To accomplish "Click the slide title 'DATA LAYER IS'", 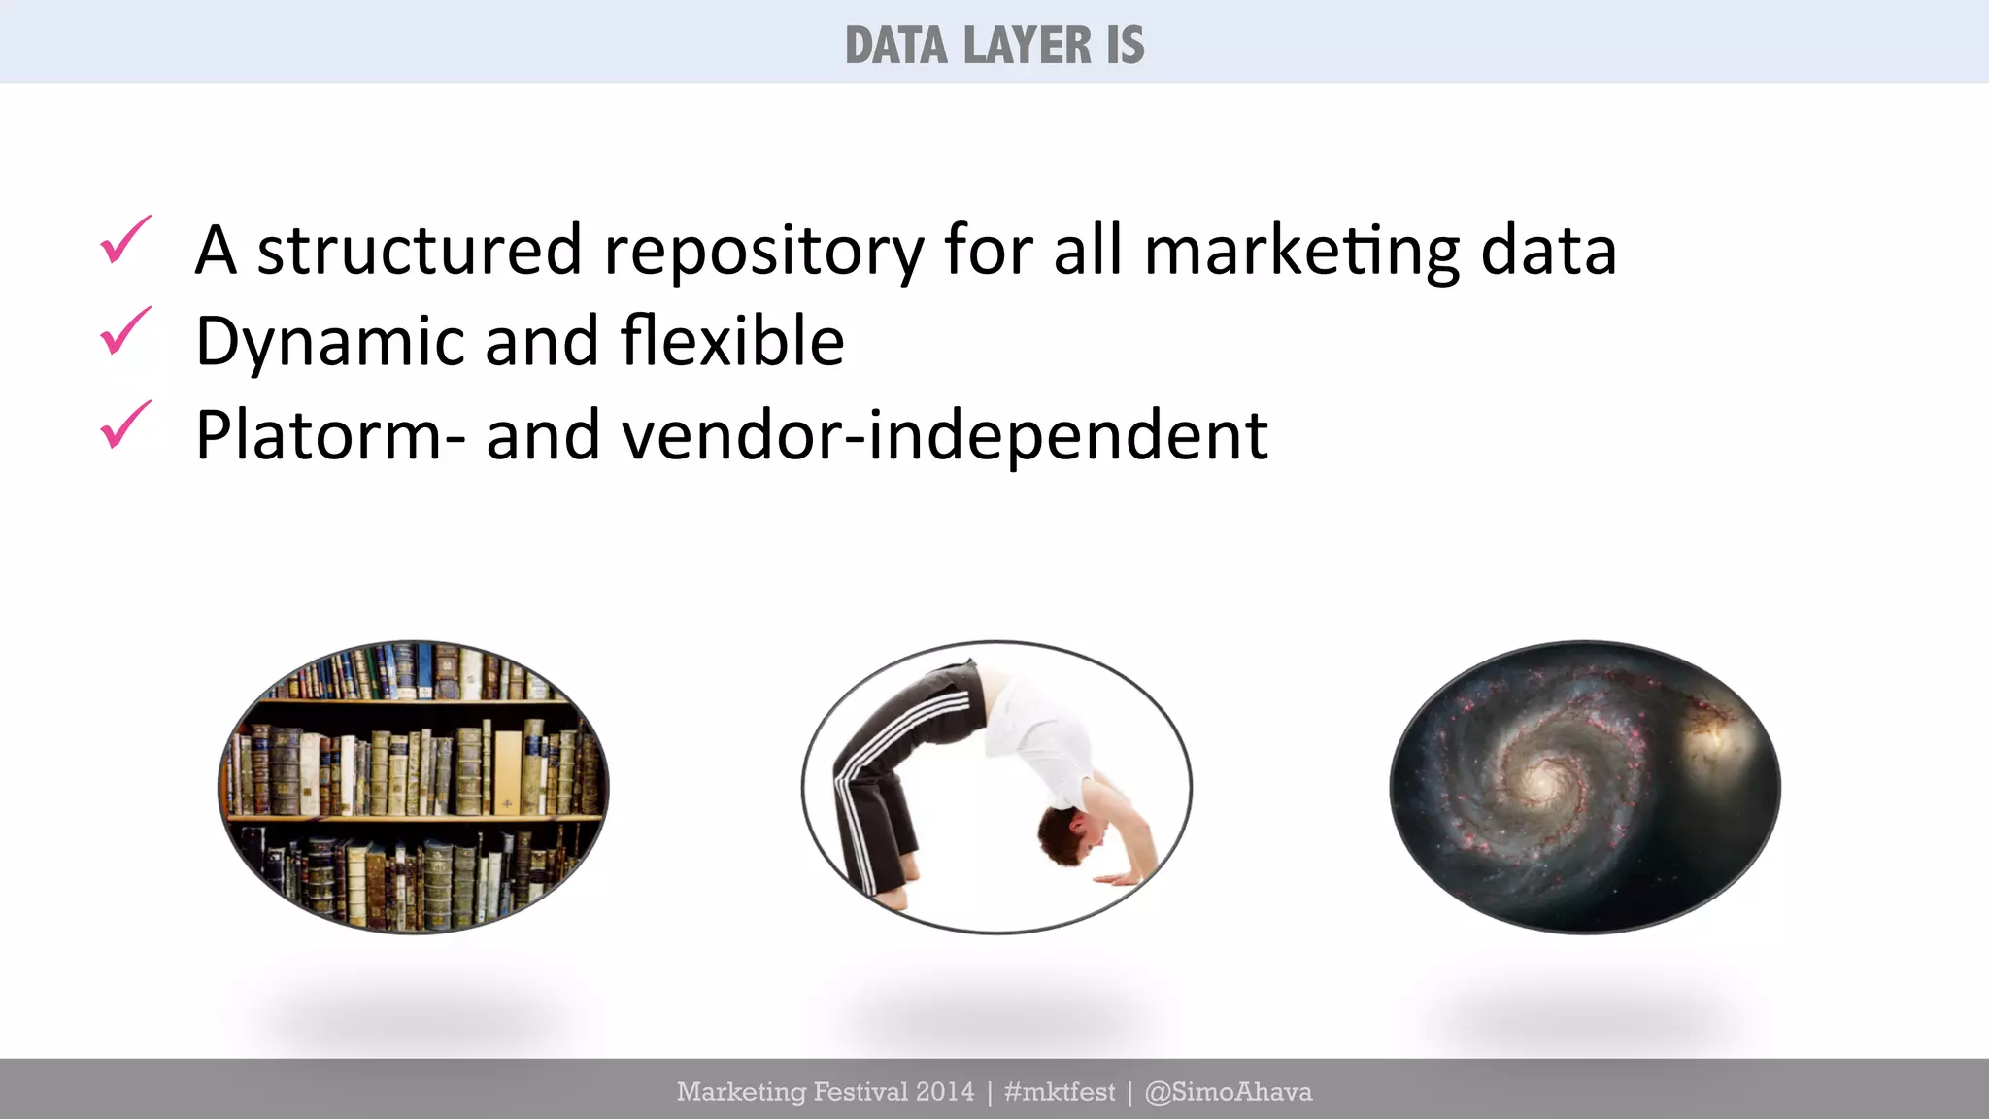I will pyautogui.click(x=994, y=46).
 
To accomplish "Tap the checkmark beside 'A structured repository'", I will pyautogui.click(x=125, y=240).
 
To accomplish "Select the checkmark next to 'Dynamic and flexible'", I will pyautogui.click(x=125, y=331).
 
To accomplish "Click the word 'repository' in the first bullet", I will pyautogui.click(x=763, y=252).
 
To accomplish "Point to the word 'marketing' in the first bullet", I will pyautogui.click(x=1301, y=252).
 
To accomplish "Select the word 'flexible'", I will pyautogui.click(x=732, y=341).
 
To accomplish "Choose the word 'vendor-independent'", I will pyautogui.click(x=944, y=434).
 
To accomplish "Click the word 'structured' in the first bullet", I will pyautogui.click(x=419, y=250).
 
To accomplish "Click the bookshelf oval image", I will pyautogui.click(x=414, y=787).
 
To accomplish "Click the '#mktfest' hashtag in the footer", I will pyautogui.click(x=1060, y=1092).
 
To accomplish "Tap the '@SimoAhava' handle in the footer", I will pyautogui.click(x=1229, y=1092).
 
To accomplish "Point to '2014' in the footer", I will pyautogui.click(x=945, y=1092).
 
